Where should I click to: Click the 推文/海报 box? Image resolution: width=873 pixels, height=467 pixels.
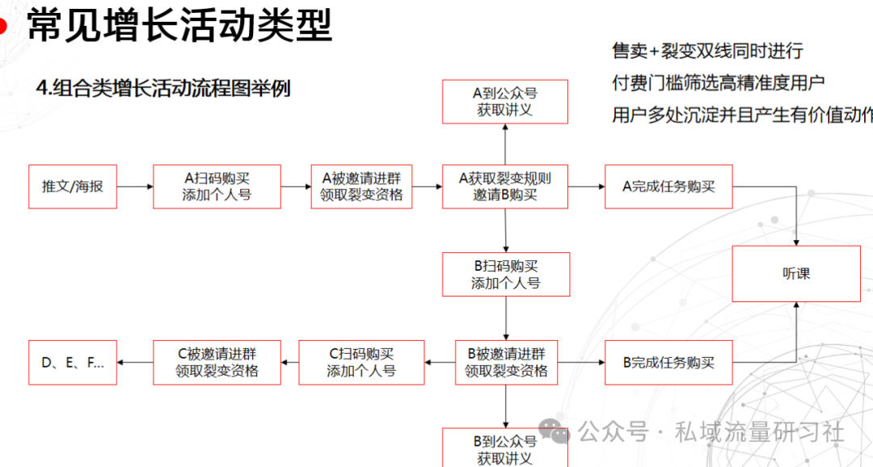(73, 187)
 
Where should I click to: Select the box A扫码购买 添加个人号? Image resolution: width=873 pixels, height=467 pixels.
(217, 187)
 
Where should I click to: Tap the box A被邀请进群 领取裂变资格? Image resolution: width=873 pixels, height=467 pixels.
(361, 187)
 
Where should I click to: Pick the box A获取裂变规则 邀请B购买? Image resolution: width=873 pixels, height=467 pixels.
(505, 187)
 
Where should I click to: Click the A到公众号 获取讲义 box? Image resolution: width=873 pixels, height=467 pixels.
(505, 101)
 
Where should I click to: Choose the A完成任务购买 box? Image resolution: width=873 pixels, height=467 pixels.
(668, 187)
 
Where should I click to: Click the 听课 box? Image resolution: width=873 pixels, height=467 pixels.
(796, 274)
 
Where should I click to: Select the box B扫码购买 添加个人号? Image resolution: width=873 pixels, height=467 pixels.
(506, 275)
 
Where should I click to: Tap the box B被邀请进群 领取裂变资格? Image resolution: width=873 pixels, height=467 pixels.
(506, 362)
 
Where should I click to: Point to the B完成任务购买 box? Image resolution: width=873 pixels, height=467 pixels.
(668, 362)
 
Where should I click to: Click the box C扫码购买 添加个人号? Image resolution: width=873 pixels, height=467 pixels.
(361, 362)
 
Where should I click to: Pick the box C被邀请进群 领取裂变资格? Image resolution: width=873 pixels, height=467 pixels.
(217, 362)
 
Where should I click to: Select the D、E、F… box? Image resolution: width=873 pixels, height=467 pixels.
(73, 362)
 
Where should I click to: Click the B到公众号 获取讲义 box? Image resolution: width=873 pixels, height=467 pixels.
(505, 448)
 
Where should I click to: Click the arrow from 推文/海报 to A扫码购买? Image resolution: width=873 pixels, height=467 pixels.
(135, 187)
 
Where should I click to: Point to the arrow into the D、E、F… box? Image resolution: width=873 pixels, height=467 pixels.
(135, 362)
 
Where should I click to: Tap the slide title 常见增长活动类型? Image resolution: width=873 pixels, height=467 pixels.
(179, 25)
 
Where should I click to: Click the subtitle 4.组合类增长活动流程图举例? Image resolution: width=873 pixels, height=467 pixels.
(163, 88)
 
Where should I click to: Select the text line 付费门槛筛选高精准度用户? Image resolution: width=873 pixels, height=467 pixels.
(719, 83)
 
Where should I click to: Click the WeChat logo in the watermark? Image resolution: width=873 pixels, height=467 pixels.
(554, 431)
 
